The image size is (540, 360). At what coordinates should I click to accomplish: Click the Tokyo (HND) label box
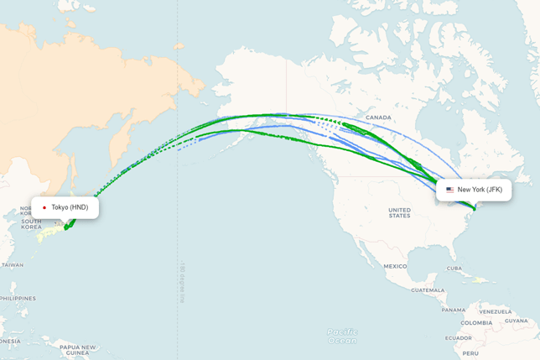[x=65, y=207]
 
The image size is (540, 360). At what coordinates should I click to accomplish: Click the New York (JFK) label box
[x=475, y=190]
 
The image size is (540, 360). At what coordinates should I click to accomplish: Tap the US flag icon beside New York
[x=450, y=190]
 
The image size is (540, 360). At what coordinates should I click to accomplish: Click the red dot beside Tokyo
[x=44, y=207]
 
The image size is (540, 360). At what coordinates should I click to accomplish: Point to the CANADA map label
[x=378, y=117]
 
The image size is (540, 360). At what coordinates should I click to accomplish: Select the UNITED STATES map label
[x=399, y=212]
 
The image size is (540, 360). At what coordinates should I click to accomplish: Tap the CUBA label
[x=455, y=269]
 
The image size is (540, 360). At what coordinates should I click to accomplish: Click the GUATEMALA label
[x=428, y=290]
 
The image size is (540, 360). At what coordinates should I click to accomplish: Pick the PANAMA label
[x=454, y=310]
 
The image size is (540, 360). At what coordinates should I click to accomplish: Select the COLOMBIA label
[x=476, y=322]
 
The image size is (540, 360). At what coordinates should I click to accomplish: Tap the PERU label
[x=470, y=353]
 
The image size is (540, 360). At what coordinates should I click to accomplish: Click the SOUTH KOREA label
[x=31, y=224]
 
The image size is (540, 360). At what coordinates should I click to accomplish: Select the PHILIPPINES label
[x=17, y=298]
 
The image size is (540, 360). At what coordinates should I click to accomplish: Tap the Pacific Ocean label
[x=341, y=336]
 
